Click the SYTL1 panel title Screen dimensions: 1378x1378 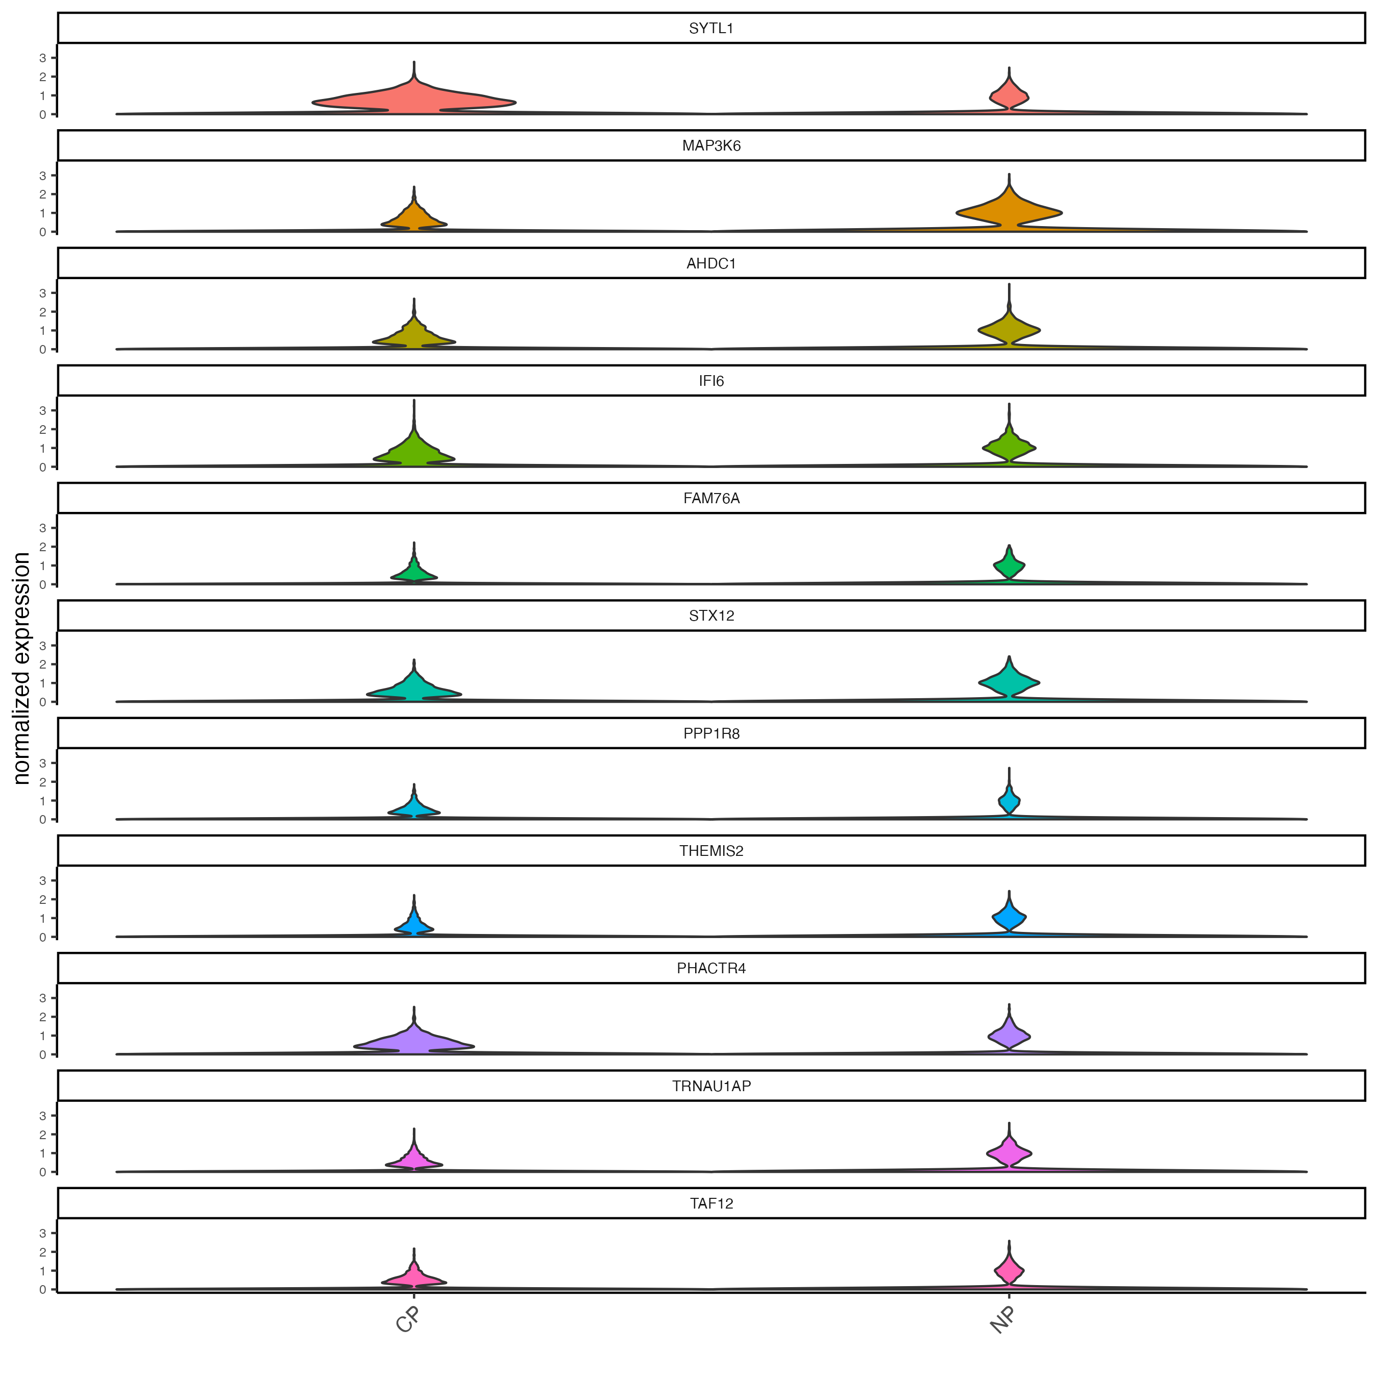[x=711, y=29]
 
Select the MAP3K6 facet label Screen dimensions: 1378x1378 [x=711, y=146]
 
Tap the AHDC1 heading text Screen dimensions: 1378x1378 [x=711, y=264]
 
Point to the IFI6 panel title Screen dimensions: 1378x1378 [x=711, y=381]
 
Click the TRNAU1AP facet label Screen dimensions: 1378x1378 [x=711, y=1086]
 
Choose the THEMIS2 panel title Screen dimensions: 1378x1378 [x=711, y=851]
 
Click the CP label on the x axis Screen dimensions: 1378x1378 [x=408, y=1321]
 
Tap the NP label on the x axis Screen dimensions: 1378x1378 [x=1003, y=1321]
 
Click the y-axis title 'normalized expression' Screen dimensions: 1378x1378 [x=21, y=668]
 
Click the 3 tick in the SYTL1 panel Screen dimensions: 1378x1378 [x=43, y=58]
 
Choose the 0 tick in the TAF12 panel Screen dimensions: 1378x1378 [x=43, y=1290]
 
